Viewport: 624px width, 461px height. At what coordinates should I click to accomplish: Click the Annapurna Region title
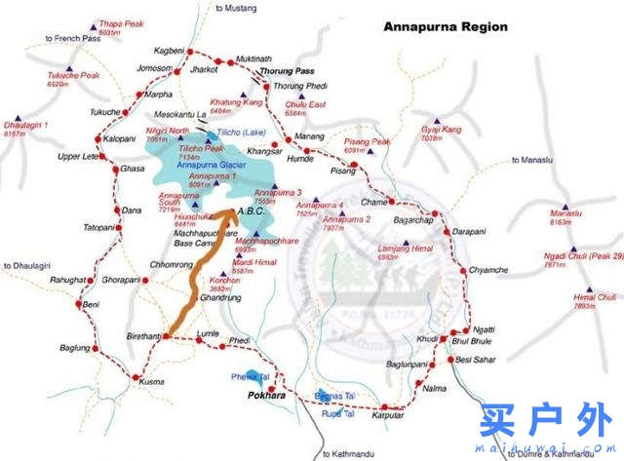pyautogui.click(x=445, y=26)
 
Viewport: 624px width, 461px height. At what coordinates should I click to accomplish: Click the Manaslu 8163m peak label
pyautogui.click(x=565, y=217)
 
